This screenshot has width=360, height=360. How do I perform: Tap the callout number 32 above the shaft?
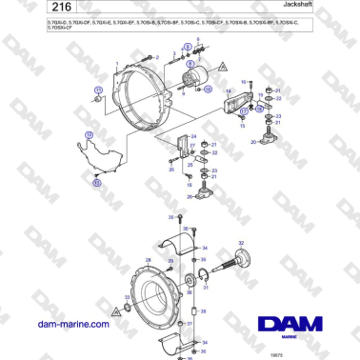point(241,244)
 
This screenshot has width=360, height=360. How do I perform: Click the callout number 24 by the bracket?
point(193,136)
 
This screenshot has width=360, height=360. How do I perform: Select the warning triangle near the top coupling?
point(221,67)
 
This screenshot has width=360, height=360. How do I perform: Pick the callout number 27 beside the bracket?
point(192,145)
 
